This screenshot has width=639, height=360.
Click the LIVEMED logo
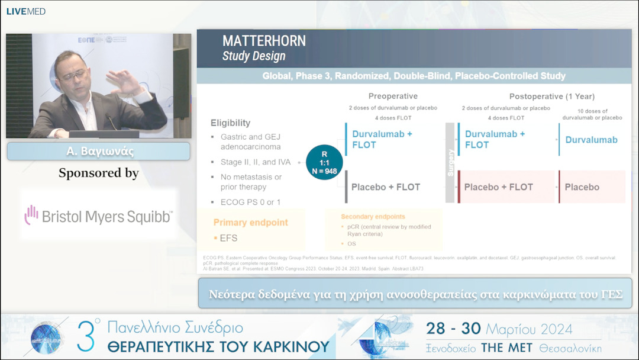(x=26, y=11)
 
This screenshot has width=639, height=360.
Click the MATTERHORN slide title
(x=264, y=41)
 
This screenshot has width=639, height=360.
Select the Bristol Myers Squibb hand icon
(x=31, y=215)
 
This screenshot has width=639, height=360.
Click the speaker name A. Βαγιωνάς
(x=99, y=152)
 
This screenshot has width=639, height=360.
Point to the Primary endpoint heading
(x=251, y=223)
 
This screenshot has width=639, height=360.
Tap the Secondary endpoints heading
(x=373, y=217)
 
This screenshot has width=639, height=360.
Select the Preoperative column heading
(x=393, y=96)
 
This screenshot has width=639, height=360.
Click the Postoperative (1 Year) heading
(x=551, y=96)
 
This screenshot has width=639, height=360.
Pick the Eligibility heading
(x=230, y=123)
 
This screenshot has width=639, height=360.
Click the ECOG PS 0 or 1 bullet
(x=251, y=202)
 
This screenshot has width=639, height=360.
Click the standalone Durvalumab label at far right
(x=591, y=140)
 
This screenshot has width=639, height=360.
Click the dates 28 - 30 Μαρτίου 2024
(x=499, y=329)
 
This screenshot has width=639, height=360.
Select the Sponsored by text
(x=99, y=173)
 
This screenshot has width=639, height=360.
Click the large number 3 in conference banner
(x=87, y=336)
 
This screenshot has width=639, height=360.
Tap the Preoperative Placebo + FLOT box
(x=385, y=187)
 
